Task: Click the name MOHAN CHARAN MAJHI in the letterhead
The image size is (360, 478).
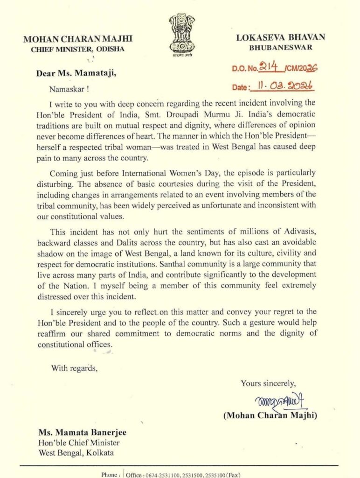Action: pyautogui.click(x=74, y=40)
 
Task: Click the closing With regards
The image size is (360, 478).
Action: pyautogui.click(x=75, y=368)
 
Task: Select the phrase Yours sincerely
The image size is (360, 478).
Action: pyautogui.click(x=268, y=383)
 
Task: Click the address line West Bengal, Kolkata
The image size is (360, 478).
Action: pyautogui.click(x=76, y=453)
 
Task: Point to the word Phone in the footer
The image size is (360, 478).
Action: pyautogui.click(x=110, y=474)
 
